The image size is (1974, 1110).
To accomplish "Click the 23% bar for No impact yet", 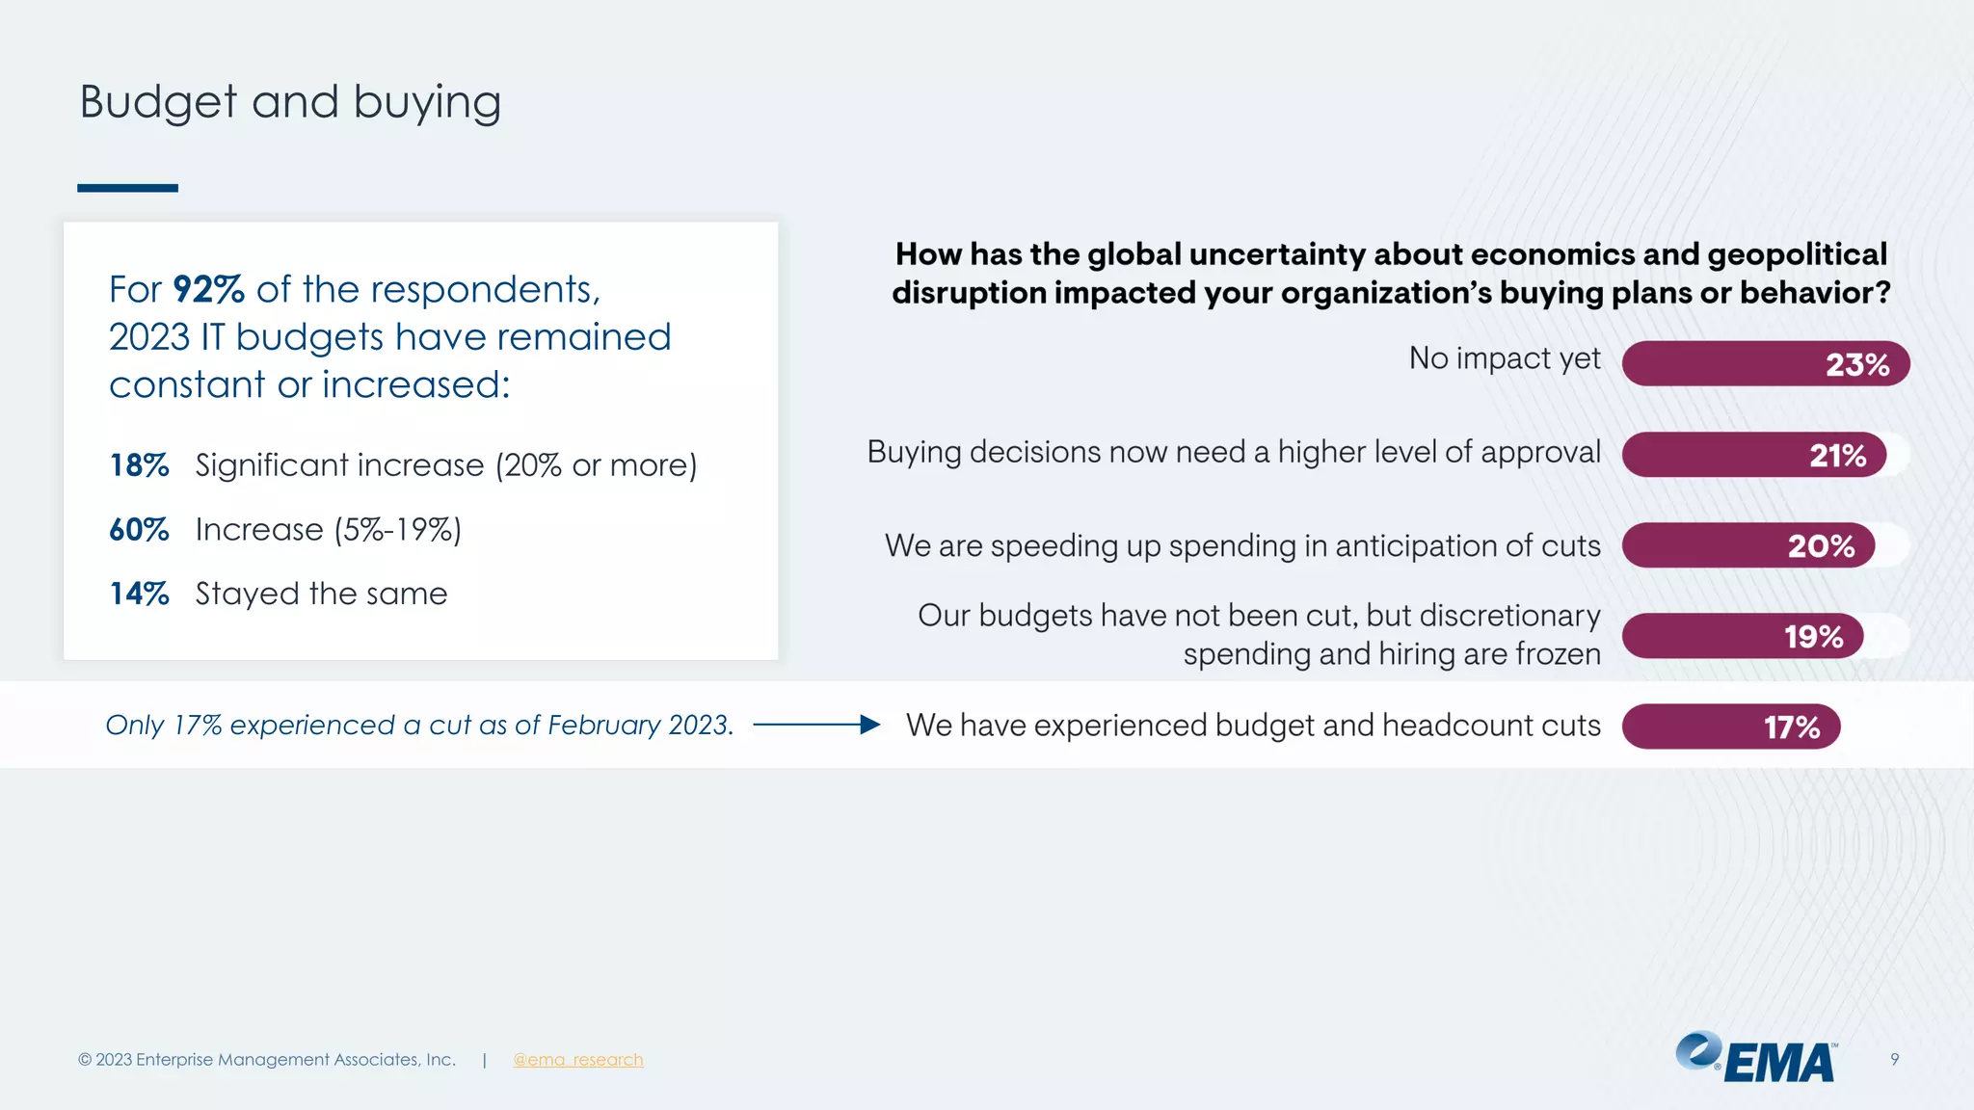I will coord(1765,364).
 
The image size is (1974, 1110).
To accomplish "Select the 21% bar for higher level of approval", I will coord(1753,455).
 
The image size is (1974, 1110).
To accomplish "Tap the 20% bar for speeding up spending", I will coord(1747,545).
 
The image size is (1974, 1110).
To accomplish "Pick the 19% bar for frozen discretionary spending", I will coord(1742,636).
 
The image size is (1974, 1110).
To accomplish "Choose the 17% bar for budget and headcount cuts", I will coord(1730,727).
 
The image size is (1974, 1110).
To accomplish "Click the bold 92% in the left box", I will coord(208,289).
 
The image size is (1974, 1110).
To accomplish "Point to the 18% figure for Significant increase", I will coord(139,465).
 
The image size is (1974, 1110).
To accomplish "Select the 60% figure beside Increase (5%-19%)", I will coord(139,530).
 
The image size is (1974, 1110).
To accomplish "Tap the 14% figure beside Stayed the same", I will coord(139,595).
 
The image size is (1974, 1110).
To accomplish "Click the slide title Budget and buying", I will coord(290,102).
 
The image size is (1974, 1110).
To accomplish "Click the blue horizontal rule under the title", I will coord(127,188).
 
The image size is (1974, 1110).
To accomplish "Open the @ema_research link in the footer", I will coord(577,1060).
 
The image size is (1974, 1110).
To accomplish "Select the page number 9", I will coord(1894,1060).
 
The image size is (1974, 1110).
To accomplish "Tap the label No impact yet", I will coord(1504,358).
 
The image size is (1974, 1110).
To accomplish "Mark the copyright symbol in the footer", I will coord(85,1060).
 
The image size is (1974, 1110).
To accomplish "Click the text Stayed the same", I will coord(321,595).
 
